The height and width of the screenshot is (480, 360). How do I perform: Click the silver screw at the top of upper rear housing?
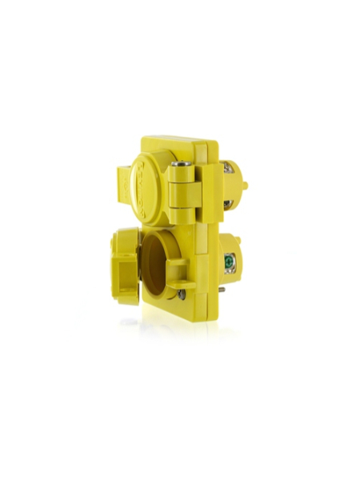pos(226,166)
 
